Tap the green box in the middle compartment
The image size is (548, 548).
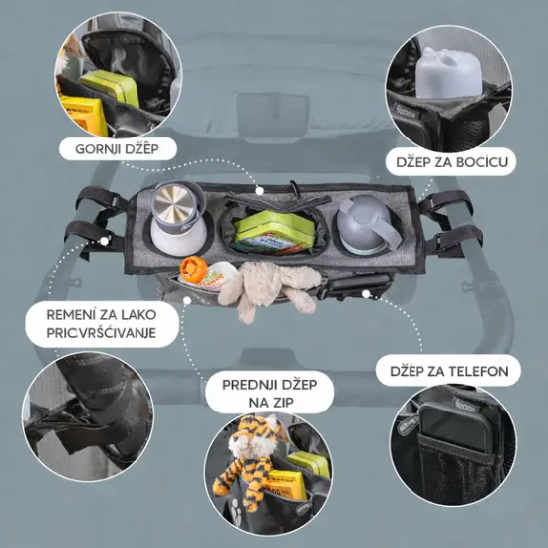coord(272,232)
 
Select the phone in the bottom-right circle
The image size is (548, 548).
coord(454,439)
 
